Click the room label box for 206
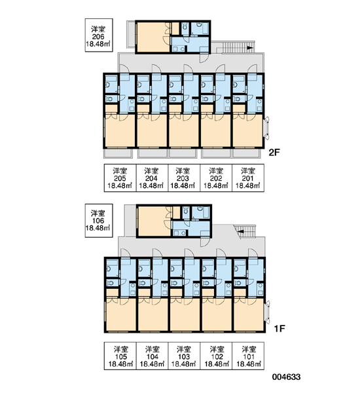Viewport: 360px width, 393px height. (99, 35)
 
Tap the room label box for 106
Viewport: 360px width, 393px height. (99, 221)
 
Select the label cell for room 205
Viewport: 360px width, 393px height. (120, 178)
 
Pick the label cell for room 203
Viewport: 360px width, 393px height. (184, 178)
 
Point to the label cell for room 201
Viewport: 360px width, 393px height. (248, 178)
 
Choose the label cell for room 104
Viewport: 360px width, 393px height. (152, 356)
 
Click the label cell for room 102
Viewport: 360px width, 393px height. (216, 356)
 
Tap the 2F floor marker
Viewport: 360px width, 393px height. (274, 153)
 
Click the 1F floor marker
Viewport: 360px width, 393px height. (279, 329)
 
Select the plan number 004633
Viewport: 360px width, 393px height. (286, 377)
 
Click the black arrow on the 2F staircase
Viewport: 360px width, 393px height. (249, 48)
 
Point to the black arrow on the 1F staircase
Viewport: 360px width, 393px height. (240, 231)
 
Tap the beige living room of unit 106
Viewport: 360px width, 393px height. (154, 221)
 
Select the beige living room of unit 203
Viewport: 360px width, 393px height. (184, 130)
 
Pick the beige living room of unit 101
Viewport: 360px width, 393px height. (249, 314)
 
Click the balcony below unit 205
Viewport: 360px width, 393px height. (118, 153)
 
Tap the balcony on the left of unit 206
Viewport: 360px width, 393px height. (132, 34)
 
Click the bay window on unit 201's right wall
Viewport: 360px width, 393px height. (266, 128)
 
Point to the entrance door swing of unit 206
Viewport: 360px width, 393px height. (204, 58)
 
